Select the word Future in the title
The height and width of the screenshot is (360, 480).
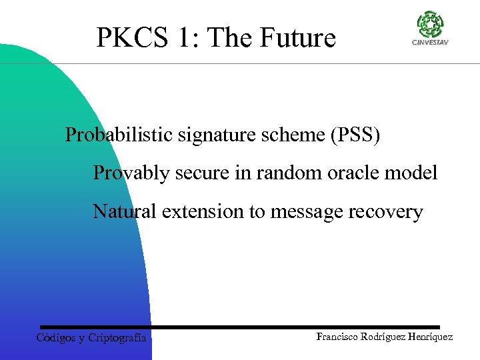[x=298, y=38]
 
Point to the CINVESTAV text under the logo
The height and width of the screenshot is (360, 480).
[x=429, y=43]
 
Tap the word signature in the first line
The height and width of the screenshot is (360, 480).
[x=210, y=135]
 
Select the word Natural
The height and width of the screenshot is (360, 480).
[x=125, y=212]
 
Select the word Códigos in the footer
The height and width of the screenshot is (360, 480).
[x=55, y=338]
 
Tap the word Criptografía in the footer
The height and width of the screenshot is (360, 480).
[x=117, y=338]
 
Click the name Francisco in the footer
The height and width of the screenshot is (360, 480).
[x=338, y=337]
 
